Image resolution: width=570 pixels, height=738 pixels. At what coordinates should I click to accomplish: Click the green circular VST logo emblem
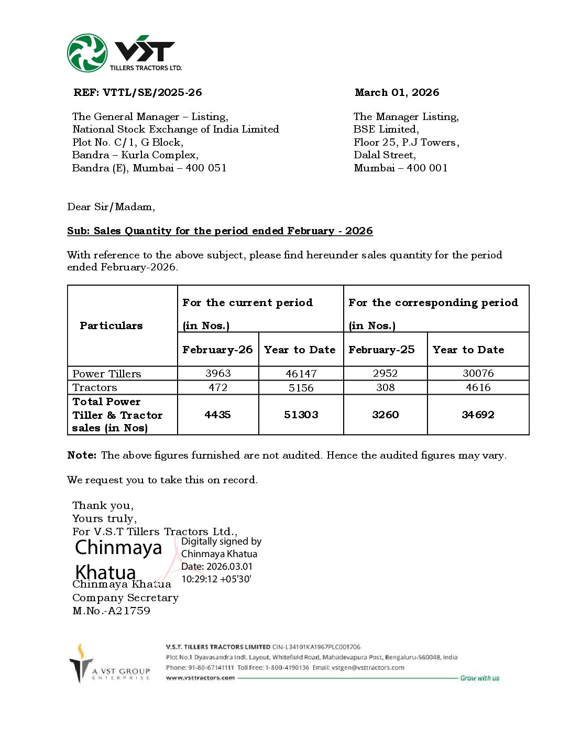click(x=87, y=53)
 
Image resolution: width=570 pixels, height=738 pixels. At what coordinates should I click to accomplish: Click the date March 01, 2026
click(x=397, y=93)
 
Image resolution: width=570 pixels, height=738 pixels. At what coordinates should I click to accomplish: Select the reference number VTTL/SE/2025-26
click(x=152, y=93)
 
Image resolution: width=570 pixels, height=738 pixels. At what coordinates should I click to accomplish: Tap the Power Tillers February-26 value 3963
click(x=218, y=373)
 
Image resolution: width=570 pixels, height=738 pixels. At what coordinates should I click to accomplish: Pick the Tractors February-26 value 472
click(x=218, y=387)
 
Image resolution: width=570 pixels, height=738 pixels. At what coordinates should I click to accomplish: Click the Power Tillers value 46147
click(x=301, y=374)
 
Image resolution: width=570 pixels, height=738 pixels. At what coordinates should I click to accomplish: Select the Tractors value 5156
click(x=301, y=388)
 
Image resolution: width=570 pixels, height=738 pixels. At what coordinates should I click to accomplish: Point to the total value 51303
click(x=301, y=415)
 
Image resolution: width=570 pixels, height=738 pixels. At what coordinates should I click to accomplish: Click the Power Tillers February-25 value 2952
click(x=385, y=373)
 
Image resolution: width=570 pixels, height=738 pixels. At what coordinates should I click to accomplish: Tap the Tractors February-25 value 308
click(x=385, y=387)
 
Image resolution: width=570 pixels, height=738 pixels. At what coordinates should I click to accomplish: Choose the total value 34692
click(x=478, y=415)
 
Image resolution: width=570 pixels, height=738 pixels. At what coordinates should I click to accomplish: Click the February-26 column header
click(x=217, y=350)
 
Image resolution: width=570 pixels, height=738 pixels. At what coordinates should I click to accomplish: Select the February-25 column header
click(x=381, y=350)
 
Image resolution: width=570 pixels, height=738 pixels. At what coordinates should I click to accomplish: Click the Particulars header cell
click(x=111, y=325)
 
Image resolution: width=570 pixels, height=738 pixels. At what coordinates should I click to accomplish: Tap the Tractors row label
click(x=95, y=387)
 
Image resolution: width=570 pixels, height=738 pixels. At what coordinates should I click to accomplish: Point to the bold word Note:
click(x=82, y=455)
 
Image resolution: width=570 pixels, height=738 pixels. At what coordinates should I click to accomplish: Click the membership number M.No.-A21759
click(x=111, y=611)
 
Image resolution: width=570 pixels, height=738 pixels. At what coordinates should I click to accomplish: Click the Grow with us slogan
click(x=479, y=678)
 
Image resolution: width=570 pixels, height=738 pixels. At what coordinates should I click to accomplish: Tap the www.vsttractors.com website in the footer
click(x=200, y=678)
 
